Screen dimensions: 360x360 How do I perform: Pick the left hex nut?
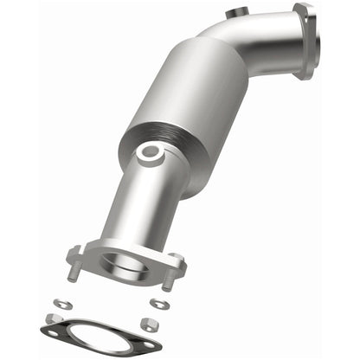[54, 319]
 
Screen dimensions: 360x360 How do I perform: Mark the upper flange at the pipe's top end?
[305, 40]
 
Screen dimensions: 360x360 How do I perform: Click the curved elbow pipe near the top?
[260, 43]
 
